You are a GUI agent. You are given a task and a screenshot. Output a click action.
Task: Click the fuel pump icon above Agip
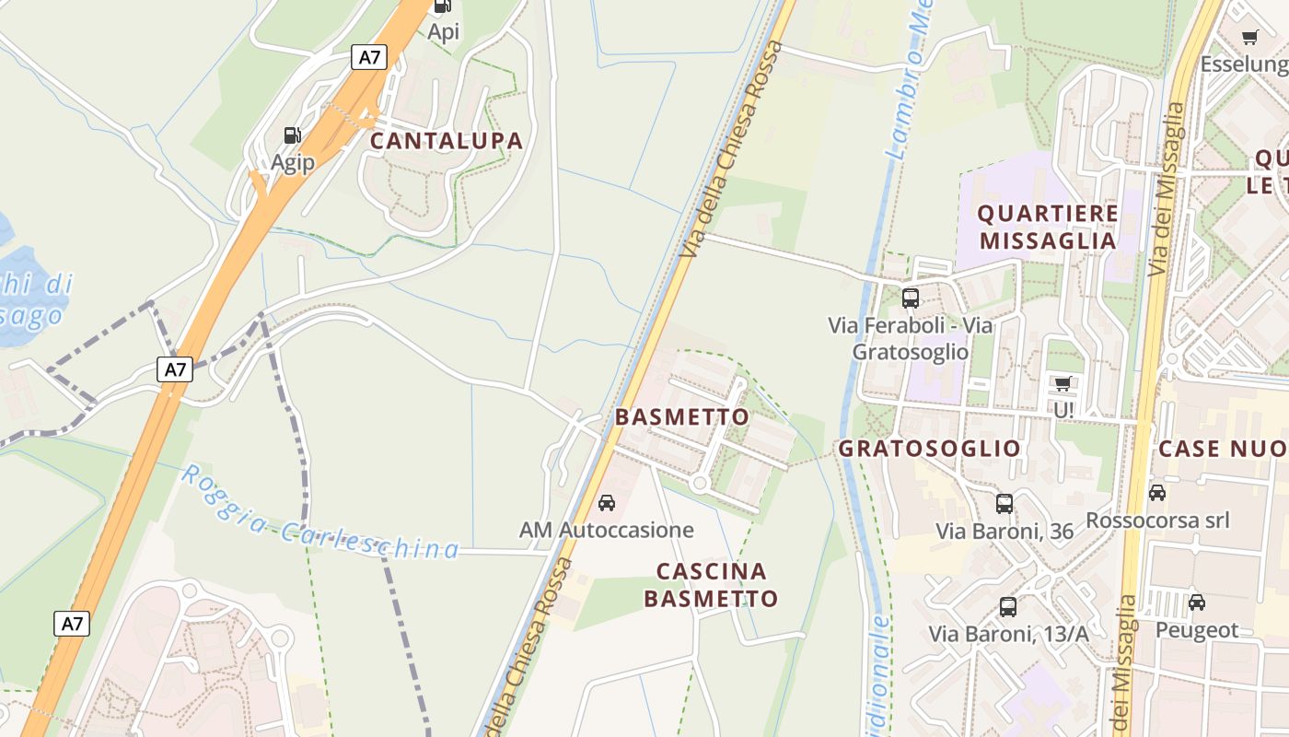[292, 135]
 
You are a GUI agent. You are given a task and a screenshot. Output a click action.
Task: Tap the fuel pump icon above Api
[443, 6]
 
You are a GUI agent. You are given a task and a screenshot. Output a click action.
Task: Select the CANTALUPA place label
[447, 141]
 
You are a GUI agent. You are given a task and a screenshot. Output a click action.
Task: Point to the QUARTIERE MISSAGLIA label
[1048, 228]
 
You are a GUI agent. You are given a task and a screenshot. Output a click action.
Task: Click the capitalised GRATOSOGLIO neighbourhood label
[929, 449]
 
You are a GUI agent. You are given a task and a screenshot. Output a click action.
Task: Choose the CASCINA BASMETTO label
[711, 585]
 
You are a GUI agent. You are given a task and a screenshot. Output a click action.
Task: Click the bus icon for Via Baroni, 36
[1004, 504]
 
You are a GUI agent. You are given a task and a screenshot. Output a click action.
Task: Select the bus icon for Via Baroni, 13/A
[1008, 607]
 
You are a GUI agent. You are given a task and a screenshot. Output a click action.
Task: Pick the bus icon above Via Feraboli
[911, 298]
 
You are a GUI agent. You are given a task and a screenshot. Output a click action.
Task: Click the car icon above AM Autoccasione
[607, 503]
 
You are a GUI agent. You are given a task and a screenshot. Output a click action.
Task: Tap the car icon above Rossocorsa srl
[1157, 493]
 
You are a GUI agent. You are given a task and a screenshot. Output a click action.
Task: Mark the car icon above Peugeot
[1196, 602]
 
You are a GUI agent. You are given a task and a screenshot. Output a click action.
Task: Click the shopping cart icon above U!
[1063, 383]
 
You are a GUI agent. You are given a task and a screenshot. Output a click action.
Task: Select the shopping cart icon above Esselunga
[1249, 38]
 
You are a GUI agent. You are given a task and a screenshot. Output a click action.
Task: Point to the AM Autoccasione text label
[607, 531]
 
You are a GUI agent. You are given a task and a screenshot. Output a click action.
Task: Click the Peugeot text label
[1197, 631]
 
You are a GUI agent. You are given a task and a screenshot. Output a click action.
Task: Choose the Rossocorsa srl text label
[1157, 521]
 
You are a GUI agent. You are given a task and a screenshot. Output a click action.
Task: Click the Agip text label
[292, 163]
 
